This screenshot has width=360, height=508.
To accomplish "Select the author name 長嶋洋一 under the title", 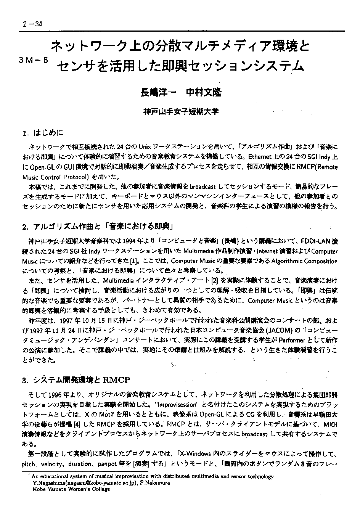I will click(157, 93).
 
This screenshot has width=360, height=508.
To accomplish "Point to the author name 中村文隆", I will click(203, 93).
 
